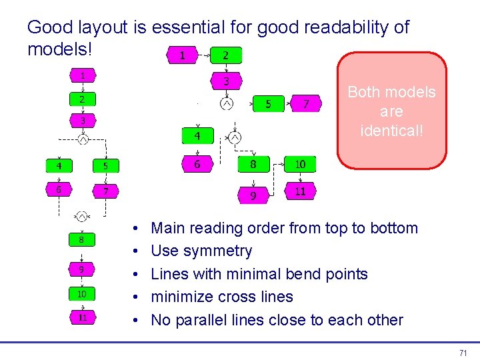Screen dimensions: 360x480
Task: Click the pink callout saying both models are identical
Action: click(x=391, y=111)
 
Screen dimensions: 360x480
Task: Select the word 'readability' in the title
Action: click(x=346, y=27)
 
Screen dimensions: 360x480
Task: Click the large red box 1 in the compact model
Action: click(x=183, y=55)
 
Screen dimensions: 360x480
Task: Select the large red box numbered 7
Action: click(x=306, y=104)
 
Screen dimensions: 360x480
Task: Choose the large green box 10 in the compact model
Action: click(x=300, y=164)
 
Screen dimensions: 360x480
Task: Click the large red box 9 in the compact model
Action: click(x=253, y=195)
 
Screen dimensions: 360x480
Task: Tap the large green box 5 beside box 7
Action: click(x=268, y=104)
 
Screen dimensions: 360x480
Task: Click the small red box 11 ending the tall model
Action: click(x=83, y=317)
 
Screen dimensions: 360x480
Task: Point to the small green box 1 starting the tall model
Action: click(x=83, y=76)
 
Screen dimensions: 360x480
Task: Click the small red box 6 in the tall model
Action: click(x=59, y=189)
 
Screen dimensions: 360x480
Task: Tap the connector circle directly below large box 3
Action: click(x=227, y=104)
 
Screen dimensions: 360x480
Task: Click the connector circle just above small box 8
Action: click(x=82, y=216)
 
